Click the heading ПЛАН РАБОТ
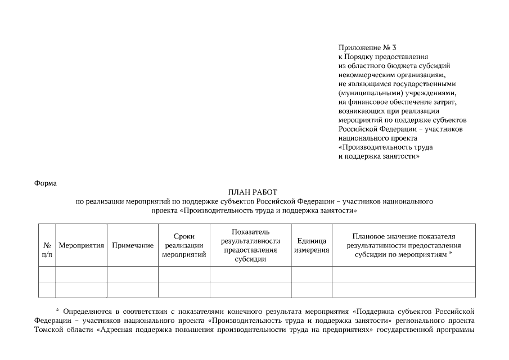[253, 192]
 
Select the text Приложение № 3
[364, 48]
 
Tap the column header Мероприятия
[81, 246]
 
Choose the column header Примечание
[133, 246]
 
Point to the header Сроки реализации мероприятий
[184, 246]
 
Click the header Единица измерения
[312, 246]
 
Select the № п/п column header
[47, 250]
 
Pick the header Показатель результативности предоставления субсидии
[250, 246]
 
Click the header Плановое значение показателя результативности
[404, 246]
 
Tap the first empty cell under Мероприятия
[81, 274]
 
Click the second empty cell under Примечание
[133, 289]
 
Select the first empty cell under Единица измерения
[312, 274]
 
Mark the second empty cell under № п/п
[47, 289]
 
